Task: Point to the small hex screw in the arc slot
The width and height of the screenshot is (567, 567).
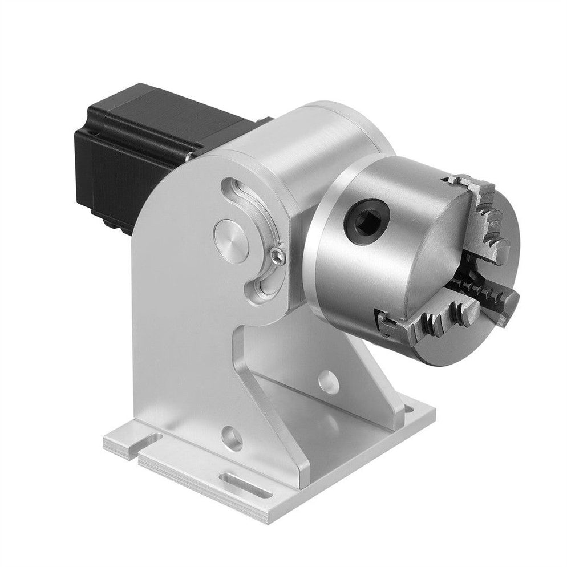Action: pos(278,254)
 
